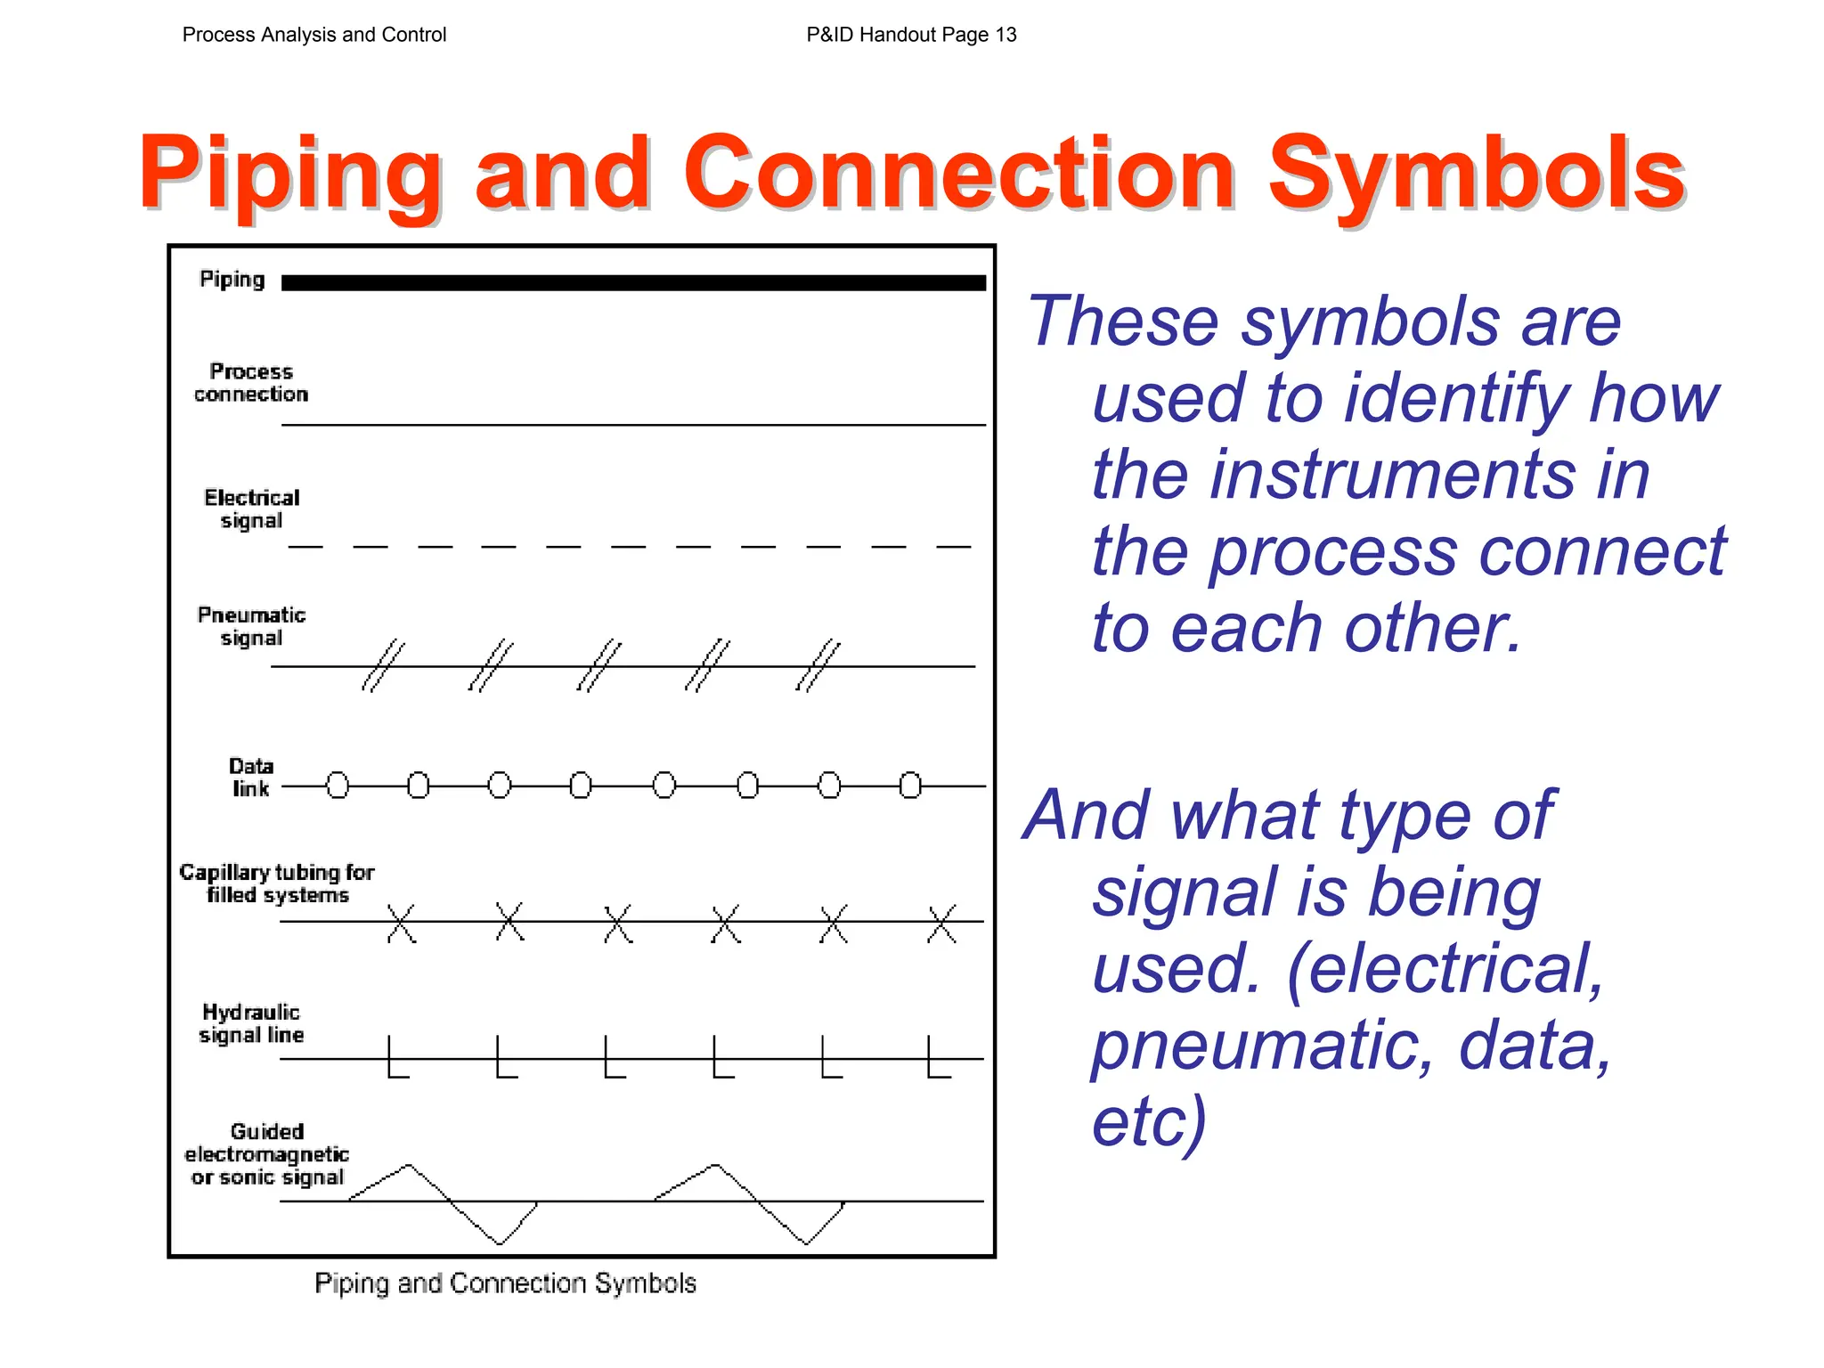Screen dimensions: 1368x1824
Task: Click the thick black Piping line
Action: (x=632, y=282)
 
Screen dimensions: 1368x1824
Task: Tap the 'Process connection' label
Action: (x=251, y=383)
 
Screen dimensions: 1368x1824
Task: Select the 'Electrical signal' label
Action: (x=251, y=509)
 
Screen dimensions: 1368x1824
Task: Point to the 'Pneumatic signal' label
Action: (x=251, y=626)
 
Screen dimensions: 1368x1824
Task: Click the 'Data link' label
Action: (x=251, y=777)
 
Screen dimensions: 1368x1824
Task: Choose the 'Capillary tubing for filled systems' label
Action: (x=277, y=883)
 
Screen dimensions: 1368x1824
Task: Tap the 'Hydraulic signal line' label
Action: (x=251, y=1023)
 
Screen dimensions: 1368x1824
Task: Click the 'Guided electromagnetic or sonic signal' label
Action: (x=266, y=1153)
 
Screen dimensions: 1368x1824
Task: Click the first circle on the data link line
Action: (x=338, y=786)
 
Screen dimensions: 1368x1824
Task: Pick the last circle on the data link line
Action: (x=910, y=786)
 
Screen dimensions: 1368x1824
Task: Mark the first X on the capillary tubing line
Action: (x=401, y=923)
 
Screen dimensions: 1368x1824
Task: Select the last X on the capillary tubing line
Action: (x=941, y=923)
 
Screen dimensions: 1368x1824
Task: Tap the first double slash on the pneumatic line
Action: (x=383, y=665)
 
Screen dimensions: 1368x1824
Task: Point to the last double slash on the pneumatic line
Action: (x=818, y=665)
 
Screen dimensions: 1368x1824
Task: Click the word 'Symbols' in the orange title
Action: (x=1476, y=173)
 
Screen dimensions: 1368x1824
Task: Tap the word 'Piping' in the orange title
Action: (x=289, y=173)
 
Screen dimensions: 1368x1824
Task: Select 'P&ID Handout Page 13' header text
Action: (x=911, y=35)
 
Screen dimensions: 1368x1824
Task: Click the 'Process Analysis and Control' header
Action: (x=313, y=35)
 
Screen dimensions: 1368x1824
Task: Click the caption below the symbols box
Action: (x=505, y=1283)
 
